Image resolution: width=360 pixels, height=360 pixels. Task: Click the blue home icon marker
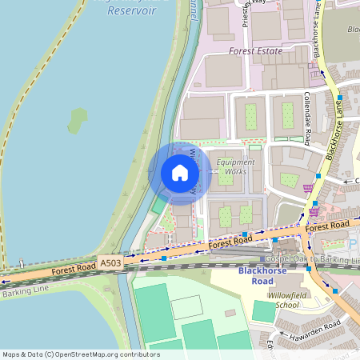point(180,173)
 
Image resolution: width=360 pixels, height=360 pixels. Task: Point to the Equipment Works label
point(235,166)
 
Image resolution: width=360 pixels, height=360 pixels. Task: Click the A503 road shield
point(110,262)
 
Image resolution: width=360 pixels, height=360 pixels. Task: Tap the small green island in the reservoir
point(78,121)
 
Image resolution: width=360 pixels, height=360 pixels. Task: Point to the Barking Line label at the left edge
point(24,293)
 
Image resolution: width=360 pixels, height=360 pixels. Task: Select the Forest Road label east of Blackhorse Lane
point(326,226)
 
